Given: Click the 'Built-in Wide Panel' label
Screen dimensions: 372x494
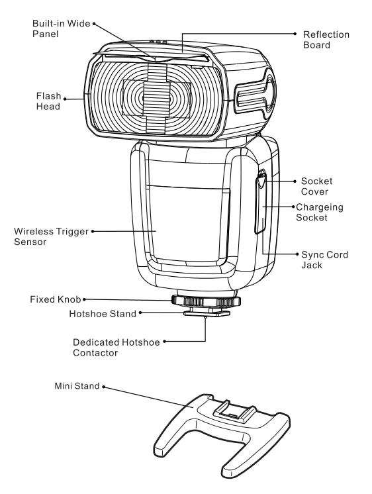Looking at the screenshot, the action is click(61, 28).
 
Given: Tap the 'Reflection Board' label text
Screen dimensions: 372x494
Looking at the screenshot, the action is click(326, 40).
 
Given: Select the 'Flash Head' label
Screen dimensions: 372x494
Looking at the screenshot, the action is click(48, 101).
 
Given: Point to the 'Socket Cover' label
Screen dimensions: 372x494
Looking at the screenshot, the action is click(316, 186).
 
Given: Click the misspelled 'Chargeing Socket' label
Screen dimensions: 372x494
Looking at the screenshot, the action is click(320, 213).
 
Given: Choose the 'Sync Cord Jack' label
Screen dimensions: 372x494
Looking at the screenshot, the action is click(324, 260).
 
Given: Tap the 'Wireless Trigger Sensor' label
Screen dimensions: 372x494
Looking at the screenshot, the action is click(51, 236).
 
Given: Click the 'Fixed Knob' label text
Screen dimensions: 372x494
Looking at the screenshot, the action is click(56, 299).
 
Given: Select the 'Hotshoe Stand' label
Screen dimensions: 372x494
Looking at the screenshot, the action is click(103, 314).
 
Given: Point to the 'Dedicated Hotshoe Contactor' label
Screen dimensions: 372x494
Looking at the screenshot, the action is click(116, 348).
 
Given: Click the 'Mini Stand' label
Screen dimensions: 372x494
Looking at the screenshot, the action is click(77, 386).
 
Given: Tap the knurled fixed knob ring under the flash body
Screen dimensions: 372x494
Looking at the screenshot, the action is click(206, 301).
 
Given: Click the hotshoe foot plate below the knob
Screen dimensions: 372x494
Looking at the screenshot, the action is click(207, 313).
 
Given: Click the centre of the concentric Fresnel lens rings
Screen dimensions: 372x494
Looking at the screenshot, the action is click(157, 99).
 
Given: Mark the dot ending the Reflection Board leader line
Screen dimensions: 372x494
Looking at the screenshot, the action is click(295, 33).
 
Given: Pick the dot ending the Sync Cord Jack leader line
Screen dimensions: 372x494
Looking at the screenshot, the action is click(297, 254).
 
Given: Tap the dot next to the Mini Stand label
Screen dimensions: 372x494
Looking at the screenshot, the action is click(103, 387).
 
